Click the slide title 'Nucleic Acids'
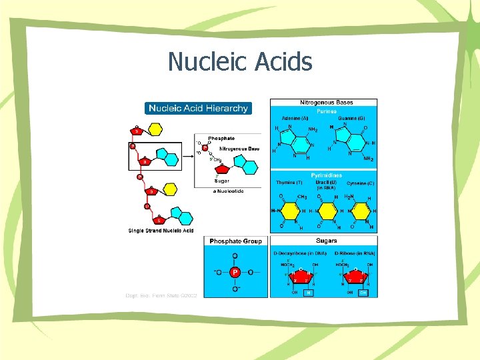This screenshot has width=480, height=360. click(x=240, y=62)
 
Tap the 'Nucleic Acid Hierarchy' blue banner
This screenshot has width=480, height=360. click(x=198, y=108)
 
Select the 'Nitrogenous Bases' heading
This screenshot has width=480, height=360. click(x=327, y=103)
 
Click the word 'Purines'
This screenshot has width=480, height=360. click(x=327, y=111)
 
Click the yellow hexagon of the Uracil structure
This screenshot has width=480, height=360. click(x=327, y=211)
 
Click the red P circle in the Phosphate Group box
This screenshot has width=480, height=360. click(x=235, y=273)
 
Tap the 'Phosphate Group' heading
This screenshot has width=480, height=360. click(x=236, y=241)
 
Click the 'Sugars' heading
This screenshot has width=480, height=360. click(x=327, y=241)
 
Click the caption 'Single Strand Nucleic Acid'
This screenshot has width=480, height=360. click(x=161, y=231)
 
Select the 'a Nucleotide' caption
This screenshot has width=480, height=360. click(x=229, y=191)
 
